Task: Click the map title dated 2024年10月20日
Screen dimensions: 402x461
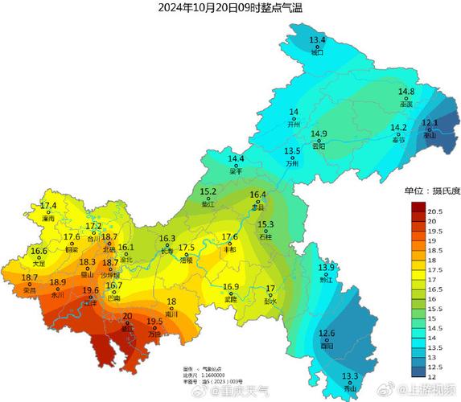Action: (x=231, y=8)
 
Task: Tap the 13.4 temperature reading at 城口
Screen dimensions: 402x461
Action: (x=317, y=39)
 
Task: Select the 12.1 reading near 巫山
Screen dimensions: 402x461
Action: (x=430, y=123)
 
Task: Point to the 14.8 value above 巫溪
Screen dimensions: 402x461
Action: (x=406, y=92)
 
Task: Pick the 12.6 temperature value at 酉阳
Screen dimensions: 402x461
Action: (x=327, y=333)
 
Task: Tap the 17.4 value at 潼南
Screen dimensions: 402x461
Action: (x=48, y=207)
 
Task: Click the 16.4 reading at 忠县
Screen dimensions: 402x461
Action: (x=257, y=195)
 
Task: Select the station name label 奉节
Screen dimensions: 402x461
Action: (x=398, y=140)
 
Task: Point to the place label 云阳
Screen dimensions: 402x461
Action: (x=319, y=146)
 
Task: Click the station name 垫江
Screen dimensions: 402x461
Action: (x=208, y=204)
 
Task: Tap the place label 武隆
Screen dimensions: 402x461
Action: (x=232, y=299)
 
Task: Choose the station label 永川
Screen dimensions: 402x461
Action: (x=58, y=295)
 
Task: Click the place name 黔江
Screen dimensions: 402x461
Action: (x=326, y=281)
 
